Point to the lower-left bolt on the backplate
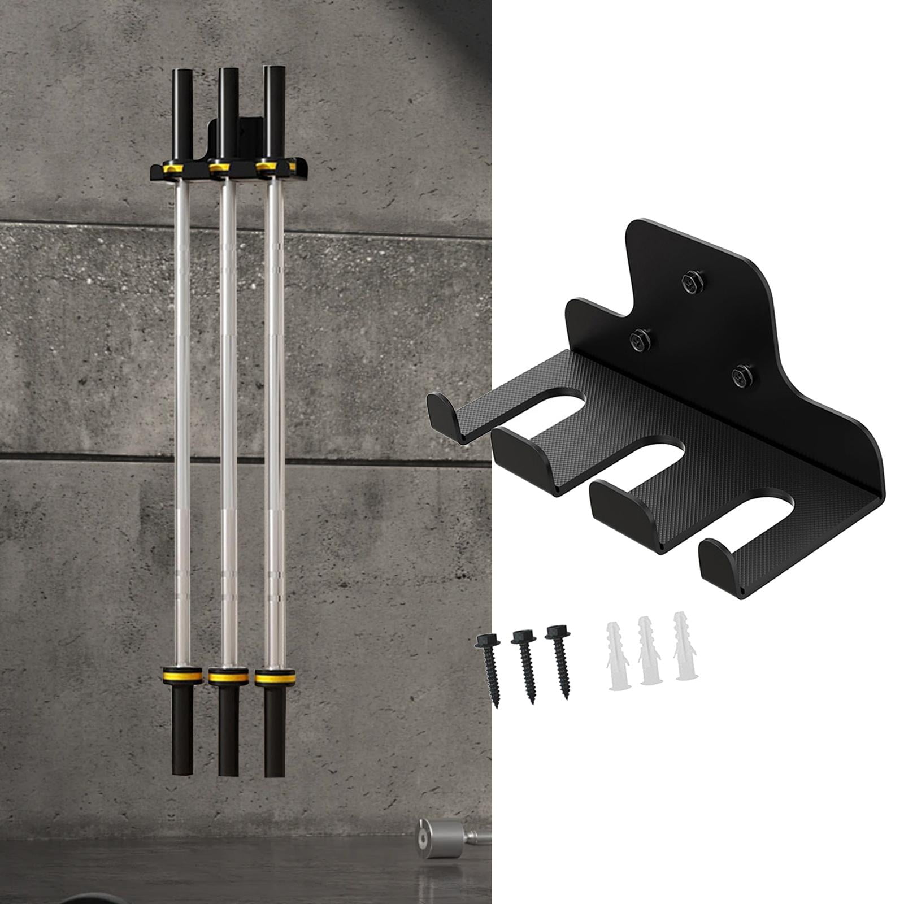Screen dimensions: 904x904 [x=640, y=340]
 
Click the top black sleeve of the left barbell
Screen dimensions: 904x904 [x=183, y=116]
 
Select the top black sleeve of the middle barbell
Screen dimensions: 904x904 [x=229, y=113]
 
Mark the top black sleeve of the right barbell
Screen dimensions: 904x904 [x=275, y=112]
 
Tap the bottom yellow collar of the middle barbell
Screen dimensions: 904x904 [x=228, y=676]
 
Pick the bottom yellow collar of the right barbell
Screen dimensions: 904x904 [x=275, y=677]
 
